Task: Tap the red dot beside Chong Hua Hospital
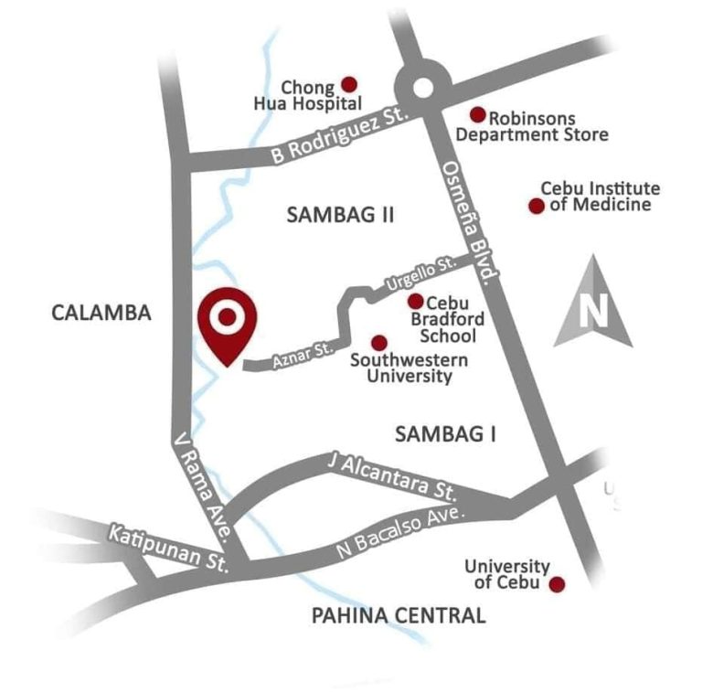[348, 83]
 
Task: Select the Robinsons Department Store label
[532, 126]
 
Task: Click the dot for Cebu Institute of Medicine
[537, 206]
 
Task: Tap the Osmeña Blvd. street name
[471, 220]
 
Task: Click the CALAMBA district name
[101, 313]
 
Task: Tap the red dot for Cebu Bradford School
[415, 301]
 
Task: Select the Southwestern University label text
[409, 368]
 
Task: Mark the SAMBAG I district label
[445, 434]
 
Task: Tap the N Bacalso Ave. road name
[400, 531]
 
